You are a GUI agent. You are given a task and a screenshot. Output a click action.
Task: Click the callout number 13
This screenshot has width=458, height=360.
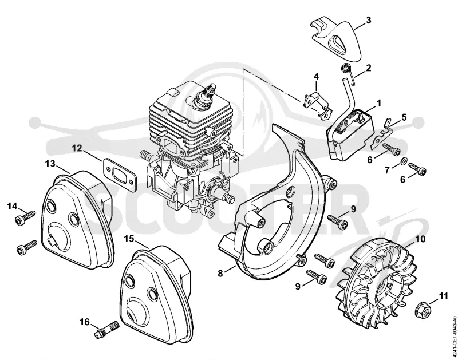[50, 164]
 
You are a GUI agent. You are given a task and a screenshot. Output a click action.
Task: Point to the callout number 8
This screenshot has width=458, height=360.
[220, 273]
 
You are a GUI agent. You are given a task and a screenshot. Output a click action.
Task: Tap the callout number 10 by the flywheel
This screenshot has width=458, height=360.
[421, 239]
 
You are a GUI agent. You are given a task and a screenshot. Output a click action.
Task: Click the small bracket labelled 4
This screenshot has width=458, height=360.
[318, 105]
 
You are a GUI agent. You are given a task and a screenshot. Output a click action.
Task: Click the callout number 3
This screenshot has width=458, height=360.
[368, 21]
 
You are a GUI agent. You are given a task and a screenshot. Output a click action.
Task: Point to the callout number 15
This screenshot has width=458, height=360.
[129, 239]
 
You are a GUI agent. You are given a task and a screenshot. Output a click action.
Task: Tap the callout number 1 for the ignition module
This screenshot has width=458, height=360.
[379, 103]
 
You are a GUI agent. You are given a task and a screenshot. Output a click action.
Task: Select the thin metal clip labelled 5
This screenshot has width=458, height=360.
[381, 133]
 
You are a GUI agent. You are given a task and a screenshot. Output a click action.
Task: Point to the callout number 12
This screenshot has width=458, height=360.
[78, 148]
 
